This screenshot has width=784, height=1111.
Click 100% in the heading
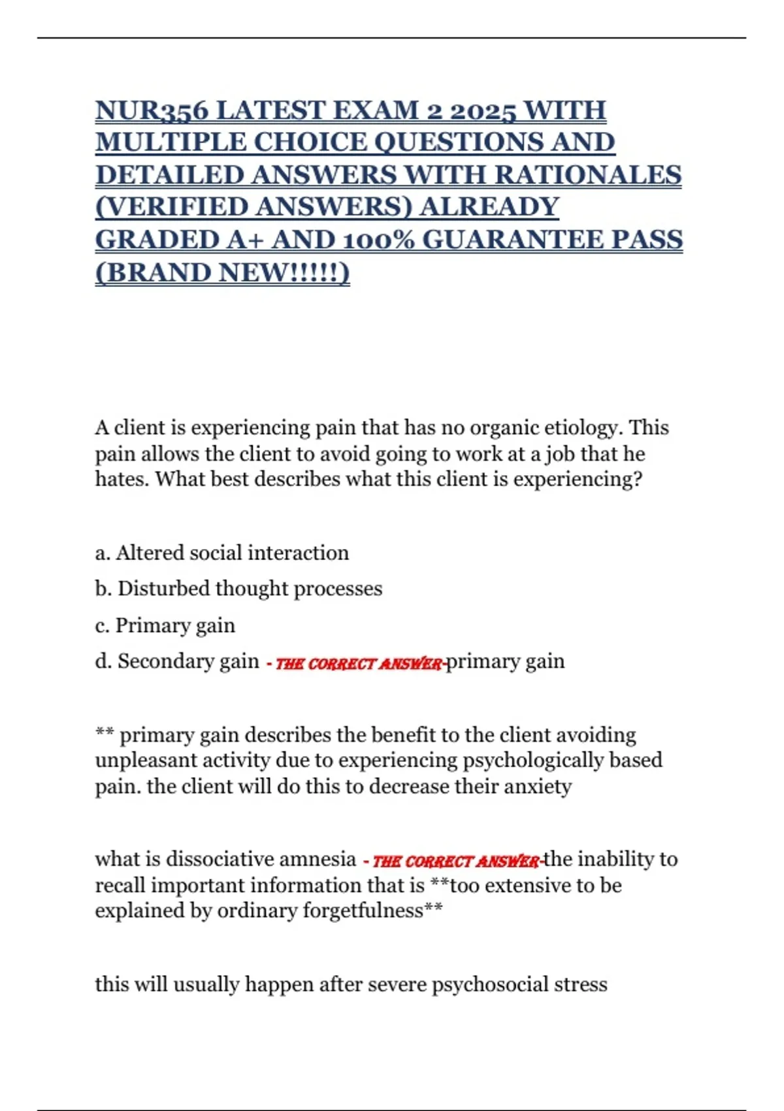click(375, 240)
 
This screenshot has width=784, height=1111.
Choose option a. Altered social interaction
click(222, 553)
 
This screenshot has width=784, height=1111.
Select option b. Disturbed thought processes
click(238, 589)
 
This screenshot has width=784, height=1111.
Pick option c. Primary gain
click(165, 625)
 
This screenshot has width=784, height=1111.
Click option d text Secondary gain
click(188, 661)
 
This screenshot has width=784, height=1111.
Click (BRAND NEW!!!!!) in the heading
click(222, 273)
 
